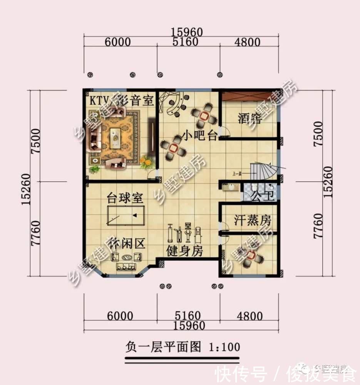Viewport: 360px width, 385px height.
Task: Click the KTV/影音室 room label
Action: tap(122, 101)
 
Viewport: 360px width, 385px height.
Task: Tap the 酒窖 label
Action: tap(249, 118)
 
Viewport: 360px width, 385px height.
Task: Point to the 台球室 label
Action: tap(125, 199)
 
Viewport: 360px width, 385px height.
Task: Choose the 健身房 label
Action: tap(184, 251)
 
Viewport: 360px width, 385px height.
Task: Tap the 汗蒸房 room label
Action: tap(253, 221)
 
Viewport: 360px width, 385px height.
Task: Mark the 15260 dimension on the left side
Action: tap(26, 182)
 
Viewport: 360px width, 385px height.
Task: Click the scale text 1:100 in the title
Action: tap(224, 347)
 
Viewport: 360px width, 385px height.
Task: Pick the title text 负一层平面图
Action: tap(163, 347)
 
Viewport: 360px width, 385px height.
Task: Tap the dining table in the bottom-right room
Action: tap(250, 256)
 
